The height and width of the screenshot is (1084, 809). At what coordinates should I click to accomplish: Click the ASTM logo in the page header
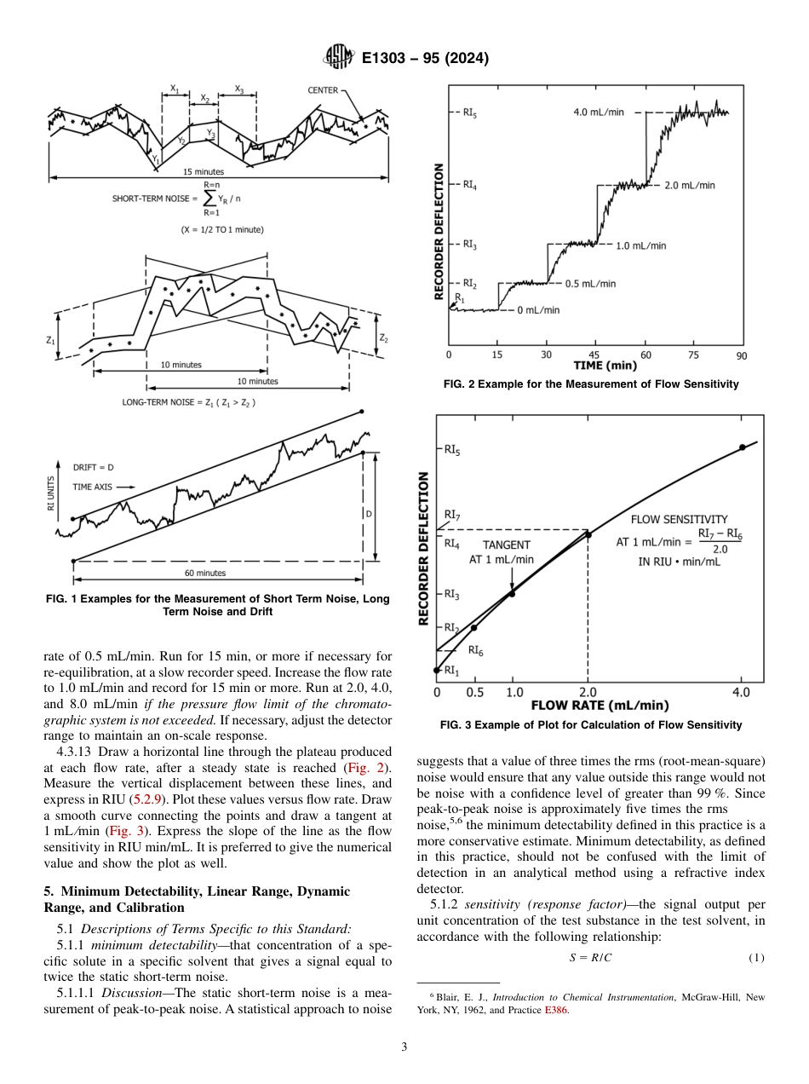[340, 58]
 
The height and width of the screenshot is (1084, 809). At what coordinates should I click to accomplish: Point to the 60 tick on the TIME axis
[646, 355]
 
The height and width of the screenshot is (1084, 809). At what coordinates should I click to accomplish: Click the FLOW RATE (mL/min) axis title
[600, 706]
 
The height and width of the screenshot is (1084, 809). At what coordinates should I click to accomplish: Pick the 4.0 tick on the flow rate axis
[741, 692]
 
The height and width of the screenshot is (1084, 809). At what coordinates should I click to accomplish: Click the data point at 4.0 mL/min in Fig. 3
[743, 447]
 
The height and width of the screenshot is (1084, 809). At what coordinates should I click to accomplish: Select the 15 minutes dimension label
[204, 172]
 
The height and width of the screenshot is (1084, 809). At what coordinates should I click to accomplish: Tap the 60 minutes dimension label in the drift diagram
[205, 574]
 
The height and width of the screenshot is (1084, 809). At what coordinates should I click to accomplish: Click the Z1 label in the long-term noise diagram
[50, 339]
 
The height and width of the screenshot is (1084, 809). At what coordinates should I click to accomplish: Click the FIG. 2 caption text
[591, 384]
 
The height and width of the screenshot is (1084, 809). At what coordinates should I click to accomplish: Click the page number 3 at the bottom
[404, 1047]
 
